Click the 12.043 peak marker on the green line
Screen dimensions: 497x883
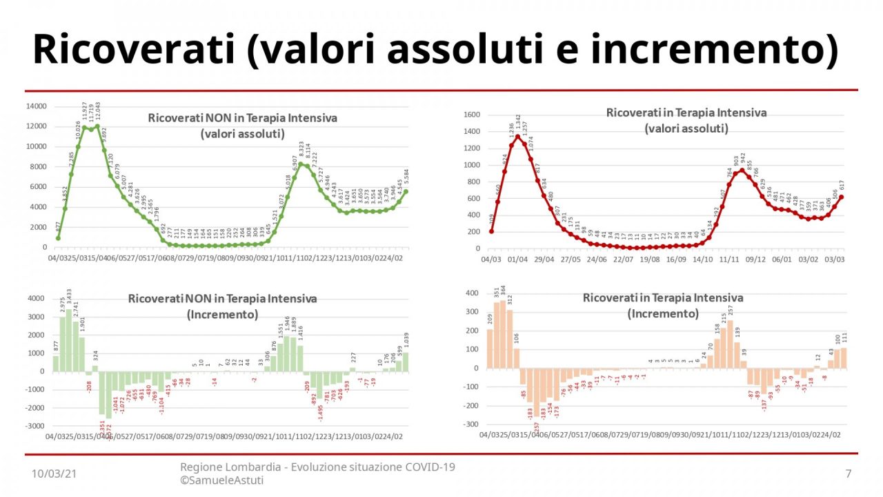[x=97, y=127]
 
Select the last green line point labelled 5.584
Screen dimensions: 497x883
[x=406, y=191]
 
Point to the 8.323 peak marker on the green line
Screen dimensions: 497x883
[x=301, y=164]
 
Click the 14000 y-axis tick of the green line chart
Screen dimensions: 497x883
[x=37, y=106]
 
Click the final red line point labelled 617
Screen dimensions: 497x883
[x=841, y=197]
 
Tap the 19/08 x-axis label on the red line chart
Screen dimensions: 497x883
[x=650, y=260]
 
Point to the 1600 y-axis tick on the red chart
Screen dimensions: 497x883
[x=470, y=115]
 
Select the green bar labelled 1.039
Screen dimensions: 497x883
[x=406, y=362]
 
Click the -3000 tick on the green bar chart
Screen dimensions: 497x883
[x=34, y=427]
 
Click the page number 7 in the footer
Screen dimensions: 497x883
[x=848, y=474]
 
